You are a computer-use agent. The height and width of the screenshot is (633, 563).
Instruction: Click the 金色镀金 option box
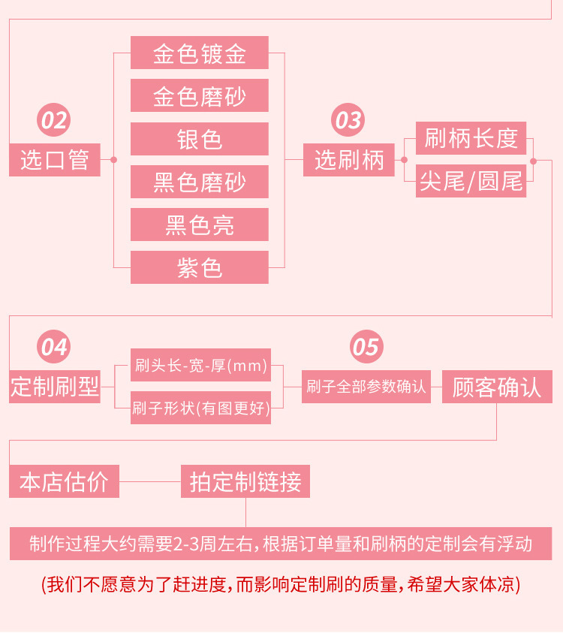pos(200,53)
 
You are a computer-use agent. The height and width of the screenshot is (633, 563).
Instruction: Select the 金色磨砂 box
pos(200,95)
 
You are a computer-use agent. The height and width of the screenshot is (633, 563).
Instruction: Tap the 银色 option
pos(200,139)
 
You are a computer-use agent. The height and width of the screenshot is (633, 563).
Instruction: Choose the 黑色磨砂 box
pos(200,182)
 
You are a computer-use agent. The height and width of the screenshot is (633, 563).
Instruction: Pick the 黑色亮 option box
pos(200,225)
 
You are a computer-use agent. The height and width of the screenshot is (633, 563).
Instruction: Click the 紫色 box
pos(200,267)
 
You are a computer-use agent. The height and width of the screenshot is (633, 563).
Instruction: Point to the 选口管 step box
pos(54,160)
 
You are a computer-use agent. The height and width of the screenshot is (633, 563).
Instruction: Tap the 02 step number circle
pos(54,120)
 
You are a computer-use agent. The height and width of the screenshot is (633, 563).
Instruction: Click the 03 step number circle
pos(348,120)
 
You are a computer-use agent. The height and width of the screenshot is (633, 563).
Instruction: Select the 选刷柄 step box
pos(348,160)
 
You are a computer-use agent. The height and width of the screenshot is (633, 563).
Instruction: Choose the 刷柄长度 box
pos(471,138)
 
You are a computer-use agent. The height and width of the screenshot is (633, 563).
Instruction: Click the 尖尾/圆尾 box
pos(471,181)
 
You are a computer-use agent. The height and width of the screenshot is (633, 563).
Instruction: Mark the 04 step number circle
pos(54,347)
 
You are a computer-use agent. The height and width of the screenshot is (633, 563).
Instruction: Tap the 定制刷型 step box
pos(54,387)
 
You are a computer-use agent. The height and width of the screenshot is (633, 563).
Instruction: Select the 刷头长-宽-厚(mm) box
pos(200,365)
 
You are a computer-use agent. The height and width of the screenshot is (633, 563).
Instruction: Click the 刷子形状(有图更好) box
pos(200,408)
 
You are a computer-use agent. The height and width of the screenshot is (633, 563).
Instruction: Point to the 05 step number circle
pos(366,347)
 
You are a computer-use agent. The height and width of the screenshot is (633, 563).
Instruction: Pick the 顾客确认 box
pos(497,387)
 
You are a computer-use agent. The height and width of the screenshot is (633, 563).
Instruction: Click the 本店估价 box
pos(64,481)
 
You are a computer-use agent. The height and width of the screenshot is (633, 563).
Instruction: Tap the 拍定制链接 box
pos(245,481)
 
